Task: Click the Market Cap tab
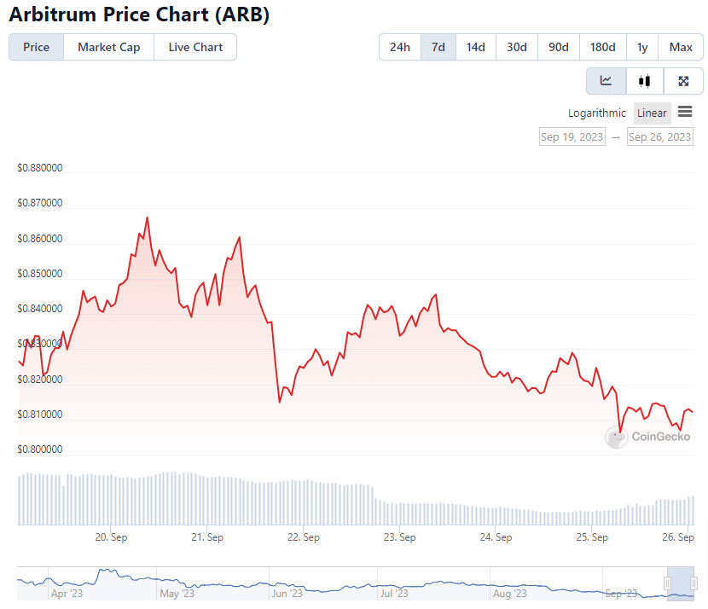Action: [108, 47]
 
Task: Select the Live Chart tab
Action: [195, 47]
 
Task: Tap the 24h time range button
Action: [400, 47]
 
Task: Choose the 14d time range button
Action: [476, 47]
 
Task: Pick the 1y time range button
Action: [642, 47]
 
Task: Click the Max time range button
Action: [681, 47]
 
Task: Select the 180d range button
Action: [603, 47]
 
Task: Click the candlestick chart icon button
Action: [644, 81]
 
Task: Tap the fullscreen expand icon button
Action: [683, 81]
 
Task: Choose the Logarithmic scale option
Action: [597, 113]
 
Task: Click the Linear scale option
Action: [652, 113]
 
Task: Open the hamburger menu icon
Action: [685, 113]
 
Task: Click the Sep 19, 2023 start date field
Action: [572, 136]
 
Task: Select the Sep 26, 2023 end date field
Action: [660, 136]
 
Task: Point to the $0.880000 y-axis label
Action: [39, 168]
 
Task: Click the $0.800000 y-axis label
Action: [39, 449]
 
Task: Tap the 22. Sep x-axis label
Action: [304, 537]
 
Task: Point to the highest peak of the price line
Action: [147, 217]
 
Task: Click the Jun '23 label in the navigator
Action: [287, 593]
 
